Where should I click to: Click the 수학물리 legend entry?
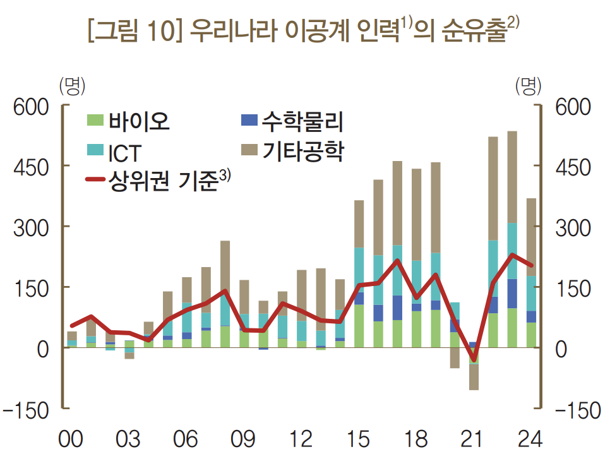293,120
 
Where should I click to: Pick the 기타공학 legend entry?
293,151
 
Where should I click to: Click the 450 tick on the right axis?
572,167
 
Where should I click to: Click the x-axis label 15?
359,439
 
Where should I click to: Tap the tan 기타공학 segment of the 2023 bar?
512,177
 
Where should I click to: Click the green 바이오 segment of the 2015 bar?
359,326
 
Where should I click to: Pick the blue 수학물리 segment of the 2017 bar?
397,308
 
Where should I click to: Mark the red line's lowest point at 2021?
474,360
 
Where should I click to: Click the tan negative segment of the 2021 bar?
474,378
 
